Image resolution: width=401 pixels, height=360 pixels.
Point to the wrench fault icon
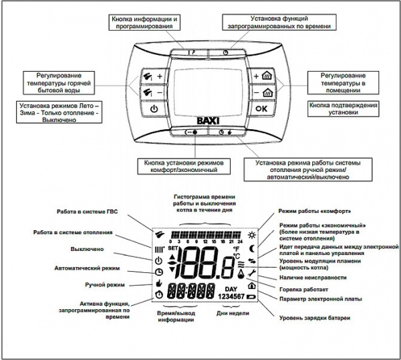pyautogui.click(x=252, y=274)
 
